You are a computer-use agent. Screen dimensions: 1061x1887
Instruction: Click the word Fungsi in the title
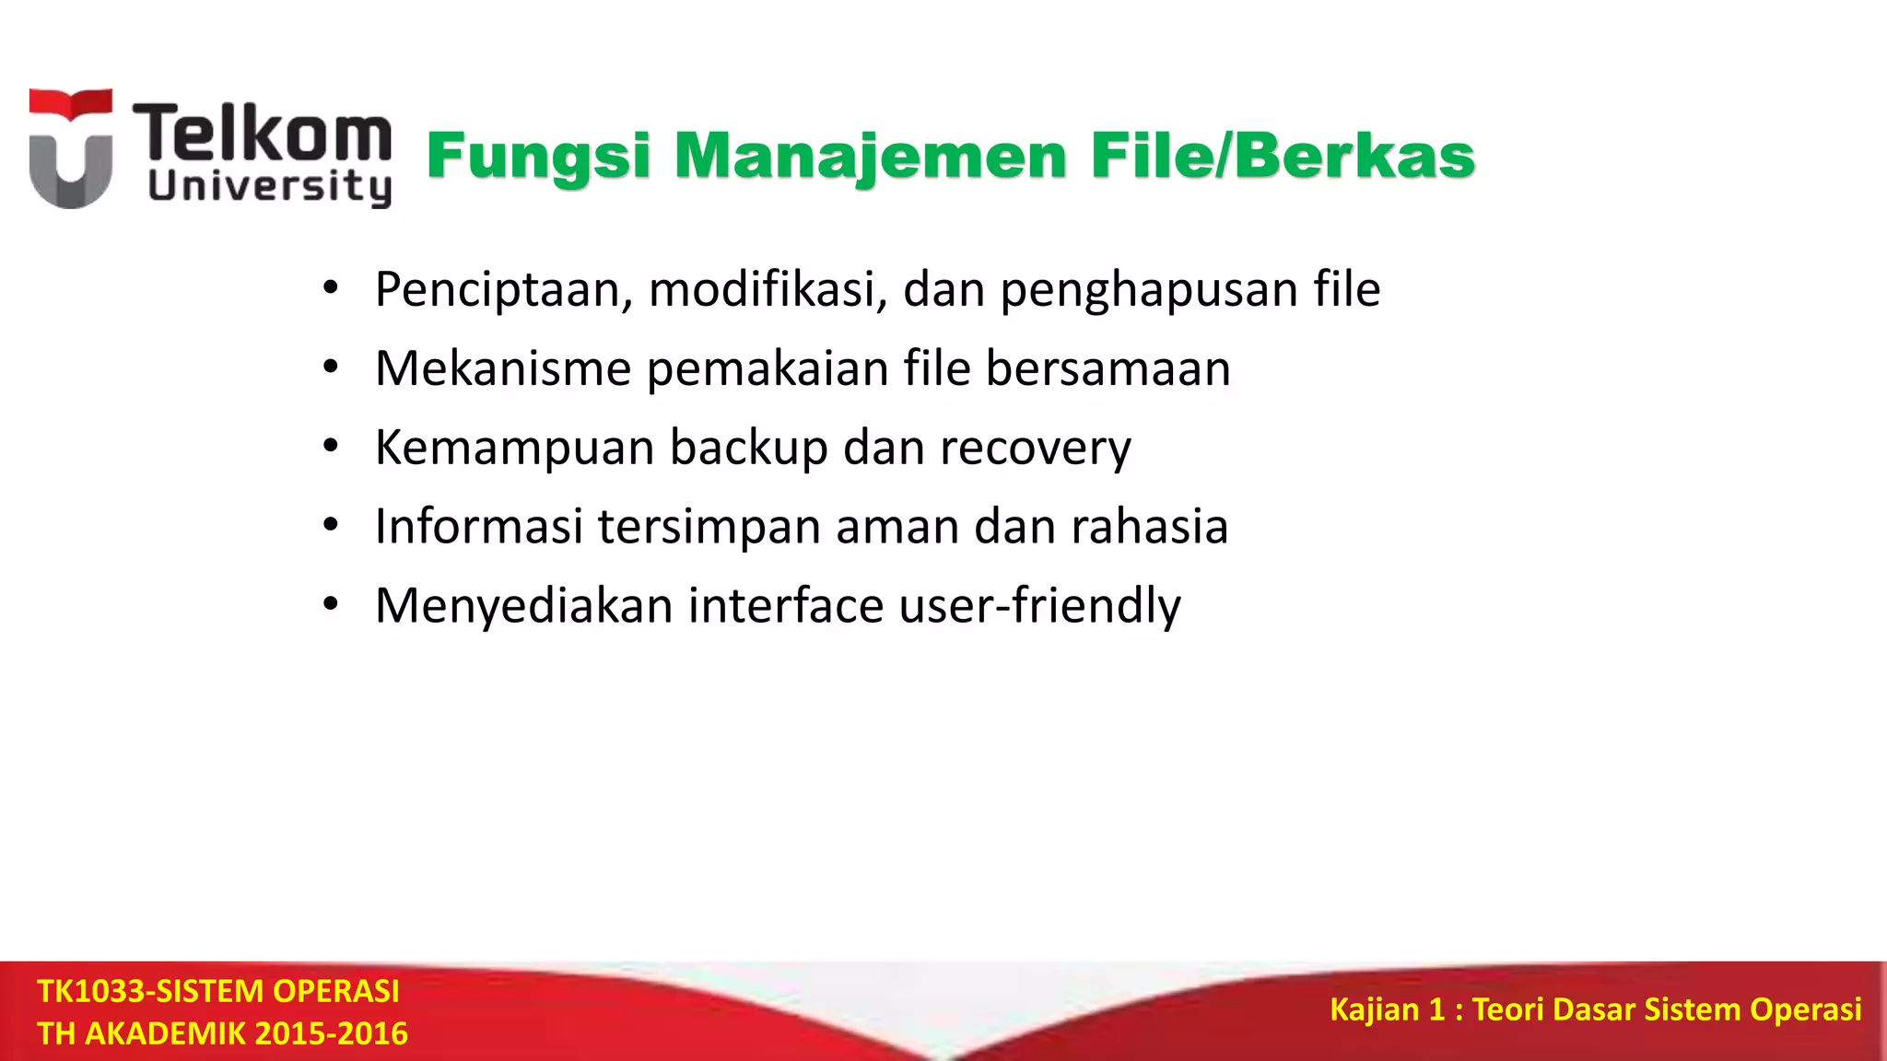tap(539, 157)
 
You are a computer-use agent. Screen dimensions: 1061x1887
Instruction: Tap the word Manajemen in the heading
tap(871, 157)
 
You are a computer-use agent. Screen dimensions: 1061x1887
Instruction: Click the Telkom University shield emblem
tap(71, 149)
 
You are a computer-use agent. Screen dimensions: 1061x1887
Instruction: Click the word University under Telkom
tap(269, 187)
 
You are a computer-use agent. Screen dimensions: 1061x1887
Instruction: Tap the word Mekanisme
tap(503, 368)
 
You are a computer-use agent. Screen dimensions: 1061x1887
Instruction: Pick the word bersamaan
tap(1108, 368)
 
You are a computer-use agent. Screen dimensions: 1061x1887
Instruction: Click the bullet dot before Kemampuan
tap(331, 448)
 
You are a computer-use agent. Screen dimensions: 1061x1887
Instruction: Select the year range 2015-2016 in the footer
tap(331, 1033)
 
